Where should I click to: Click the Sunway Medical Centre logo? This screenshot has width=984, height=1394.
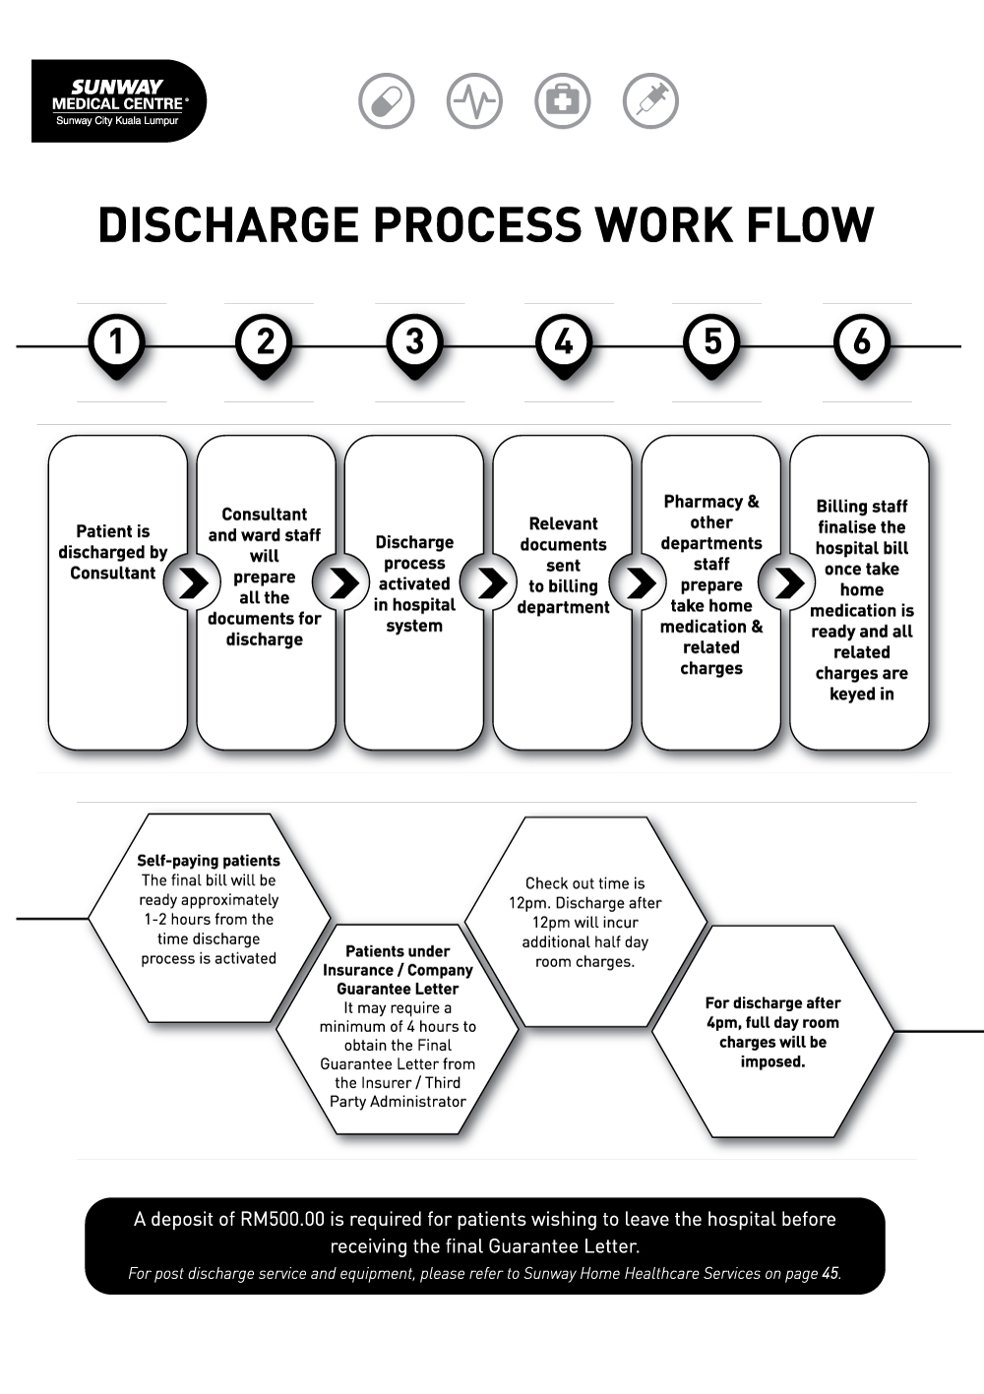coord(118,101)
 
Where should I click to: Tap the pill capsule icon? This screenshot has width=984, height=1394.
coord(386,100)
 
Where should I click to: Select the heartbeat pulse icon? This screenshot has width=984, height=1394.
coord(474,100)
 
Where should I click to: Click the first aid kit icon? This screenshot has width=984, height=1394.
coord(562,100)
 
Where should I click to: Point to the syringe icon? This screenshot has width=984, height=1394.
coord(650,100)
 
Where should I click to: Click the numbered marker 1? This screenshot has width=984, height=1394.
coord(116,342)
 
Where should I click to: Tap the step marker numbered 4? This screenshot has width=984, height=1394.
coord(563,342)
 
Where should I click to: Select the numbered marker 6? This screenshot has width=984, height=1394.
coord(861,342)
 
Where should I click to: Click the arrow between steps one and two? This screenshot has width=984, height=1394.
coord(192,582)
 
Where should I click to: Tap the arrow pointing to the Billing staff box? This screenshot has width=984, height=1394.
coord(787,582)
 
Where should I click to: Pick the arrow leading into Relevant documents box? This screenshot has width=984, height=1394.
coord(489,582)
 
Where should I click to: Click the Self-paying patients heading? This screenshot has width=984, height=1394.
coord(209,861)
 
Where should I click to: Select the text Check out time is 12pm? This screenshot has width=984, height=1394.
coord(584,893)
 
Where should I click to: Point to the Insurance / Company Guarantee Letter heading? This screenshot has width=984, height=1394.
coord(398,970)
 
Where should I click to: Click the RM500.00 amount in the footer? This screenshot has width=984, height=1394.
coord(281,1220)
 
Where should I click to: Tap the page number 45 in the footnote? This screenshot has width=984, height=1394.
coord(830,1274)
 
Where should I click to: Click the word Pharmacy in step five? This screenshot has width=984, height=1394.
coord(702,502)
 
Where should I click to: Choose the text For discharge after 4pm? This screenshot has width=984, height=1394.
coord(772,1013)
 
